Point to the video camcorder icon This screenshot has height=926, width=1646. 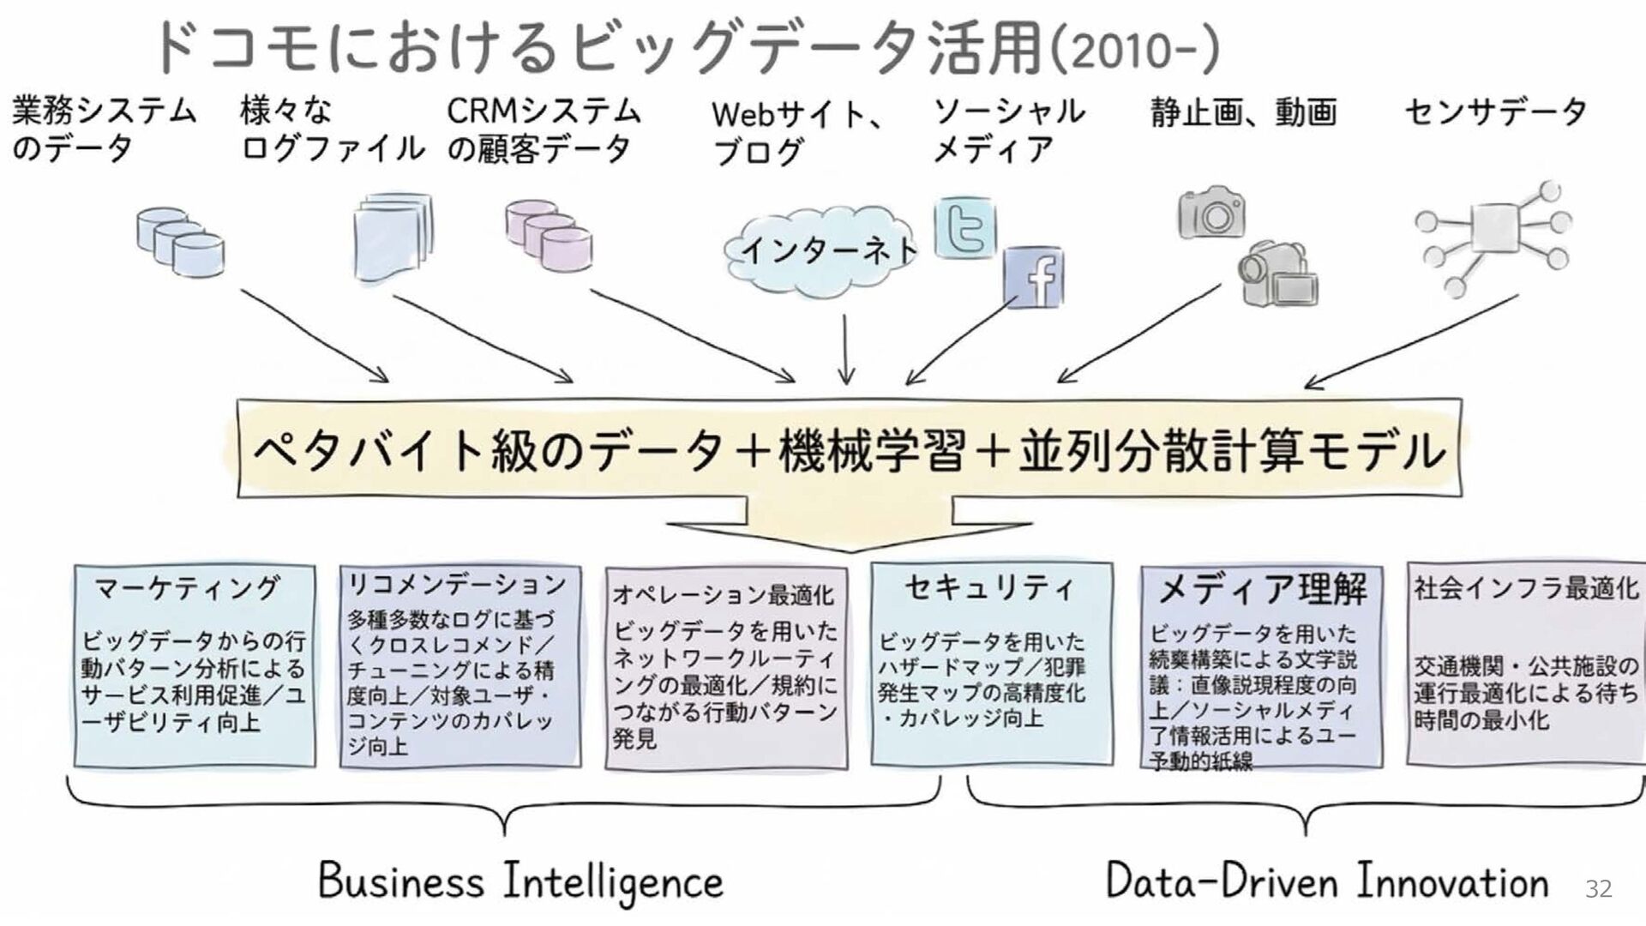tap(1277, 274)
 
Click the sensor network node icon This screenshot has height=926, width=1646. tap(1493, 237)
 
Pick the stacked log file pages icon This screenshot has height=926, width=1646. tap(393, 237)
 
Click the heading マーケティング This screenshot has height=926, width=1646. tap(187, 588)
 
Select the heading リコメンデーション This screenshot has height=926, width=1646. tap(456, 585)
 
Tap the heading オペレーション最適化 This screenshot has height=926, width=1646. tap(723, 594)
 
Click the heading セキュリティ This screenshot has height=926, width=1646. tap(989, 587)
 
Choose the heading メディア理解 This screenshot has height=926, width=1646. tap(1262, 589)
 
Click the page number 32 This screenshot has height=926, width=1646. tap(1598, 888)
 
